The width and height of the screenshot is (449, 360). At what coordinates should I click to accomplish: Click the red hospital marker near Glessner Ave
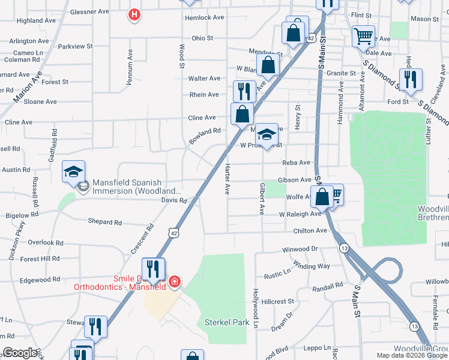coord(135,14)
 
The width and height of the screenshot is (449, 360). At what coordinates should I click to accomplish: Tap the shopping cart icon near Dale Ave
coord(363,36)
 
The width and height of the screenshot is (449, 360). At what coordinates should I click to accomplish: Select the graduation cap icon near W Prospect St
coord(267,133)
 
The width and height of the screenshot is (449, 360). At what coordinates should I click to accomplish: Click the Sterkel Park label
coord(227,322)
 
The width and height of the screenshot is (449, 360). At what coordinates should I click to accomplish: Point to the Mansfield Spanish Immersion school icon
coord(73,173)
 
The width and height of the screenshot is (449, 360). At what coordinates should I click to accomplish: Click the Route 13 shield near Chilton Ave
coord(344,248)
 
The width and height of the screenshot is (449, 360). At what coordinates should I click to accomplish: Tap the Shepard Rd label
coord(105,222)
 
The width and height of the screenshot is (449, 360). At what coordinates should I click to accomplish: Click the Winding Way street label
coord(312,265)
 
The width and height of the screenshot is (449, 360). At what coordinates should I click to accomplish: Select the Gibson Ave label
coord(294,180)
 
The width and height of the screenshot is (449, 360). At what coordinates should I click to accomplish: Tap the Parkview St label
coord(76,46)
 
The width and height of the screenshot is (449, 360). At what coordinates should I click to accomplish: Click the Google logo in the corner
coord(20,352)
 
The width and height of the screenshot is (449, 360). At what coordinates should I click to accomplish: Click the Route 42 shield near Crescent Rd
coord(173,232)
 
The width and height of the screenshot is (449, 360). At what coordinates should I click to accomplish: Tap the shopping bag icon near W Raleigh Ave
coord(322,196)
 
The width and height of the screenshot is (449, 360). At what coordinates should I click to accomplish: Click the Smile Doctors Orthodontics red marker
coord(174,281)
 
